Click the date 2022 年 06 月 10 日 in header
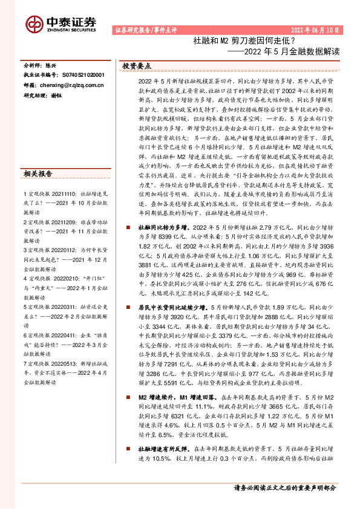(316, 29)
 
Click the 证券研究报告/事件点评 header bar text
(145, 29)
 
